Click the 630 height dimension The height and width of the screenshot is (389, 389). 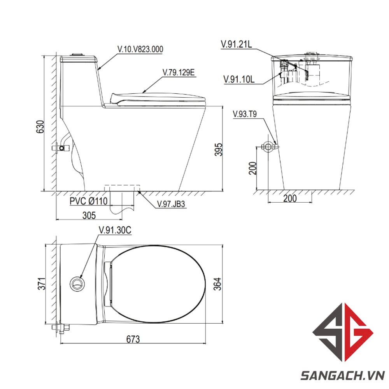(x=40, y=126)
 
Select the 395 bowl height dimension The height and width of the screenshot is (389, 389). (x=219, y=149)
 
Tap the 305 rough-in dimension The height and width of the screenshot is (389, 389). (x=89, y=216)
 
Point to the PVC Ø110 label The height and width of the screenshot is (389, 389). (x=89, y=201)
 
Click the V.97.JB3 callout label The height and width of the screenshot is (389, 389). (x=171, y=204)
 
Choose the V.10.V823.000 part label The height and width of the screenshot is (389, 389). (x=140, y=49)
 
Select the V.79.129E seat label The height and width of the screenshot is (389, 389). (x=179, y=72)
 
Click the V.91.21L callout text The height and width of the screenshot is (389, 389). (x=237, y=44)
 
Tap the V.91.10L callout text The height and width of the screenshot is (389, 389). (x=239, y=79)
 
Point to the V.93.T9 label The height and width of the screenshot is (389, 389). (x=245, y=114)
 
